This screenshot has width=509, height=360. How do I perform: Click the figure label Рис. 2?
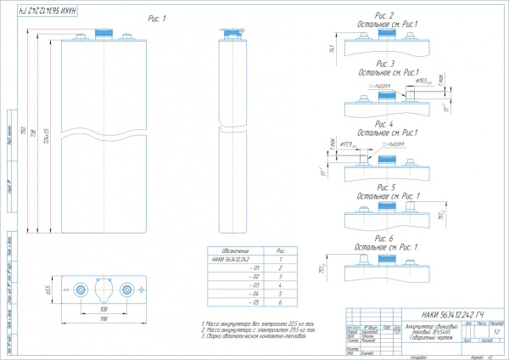384,16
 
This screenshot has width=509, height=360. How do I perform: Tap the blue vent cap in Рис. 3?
386,96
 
